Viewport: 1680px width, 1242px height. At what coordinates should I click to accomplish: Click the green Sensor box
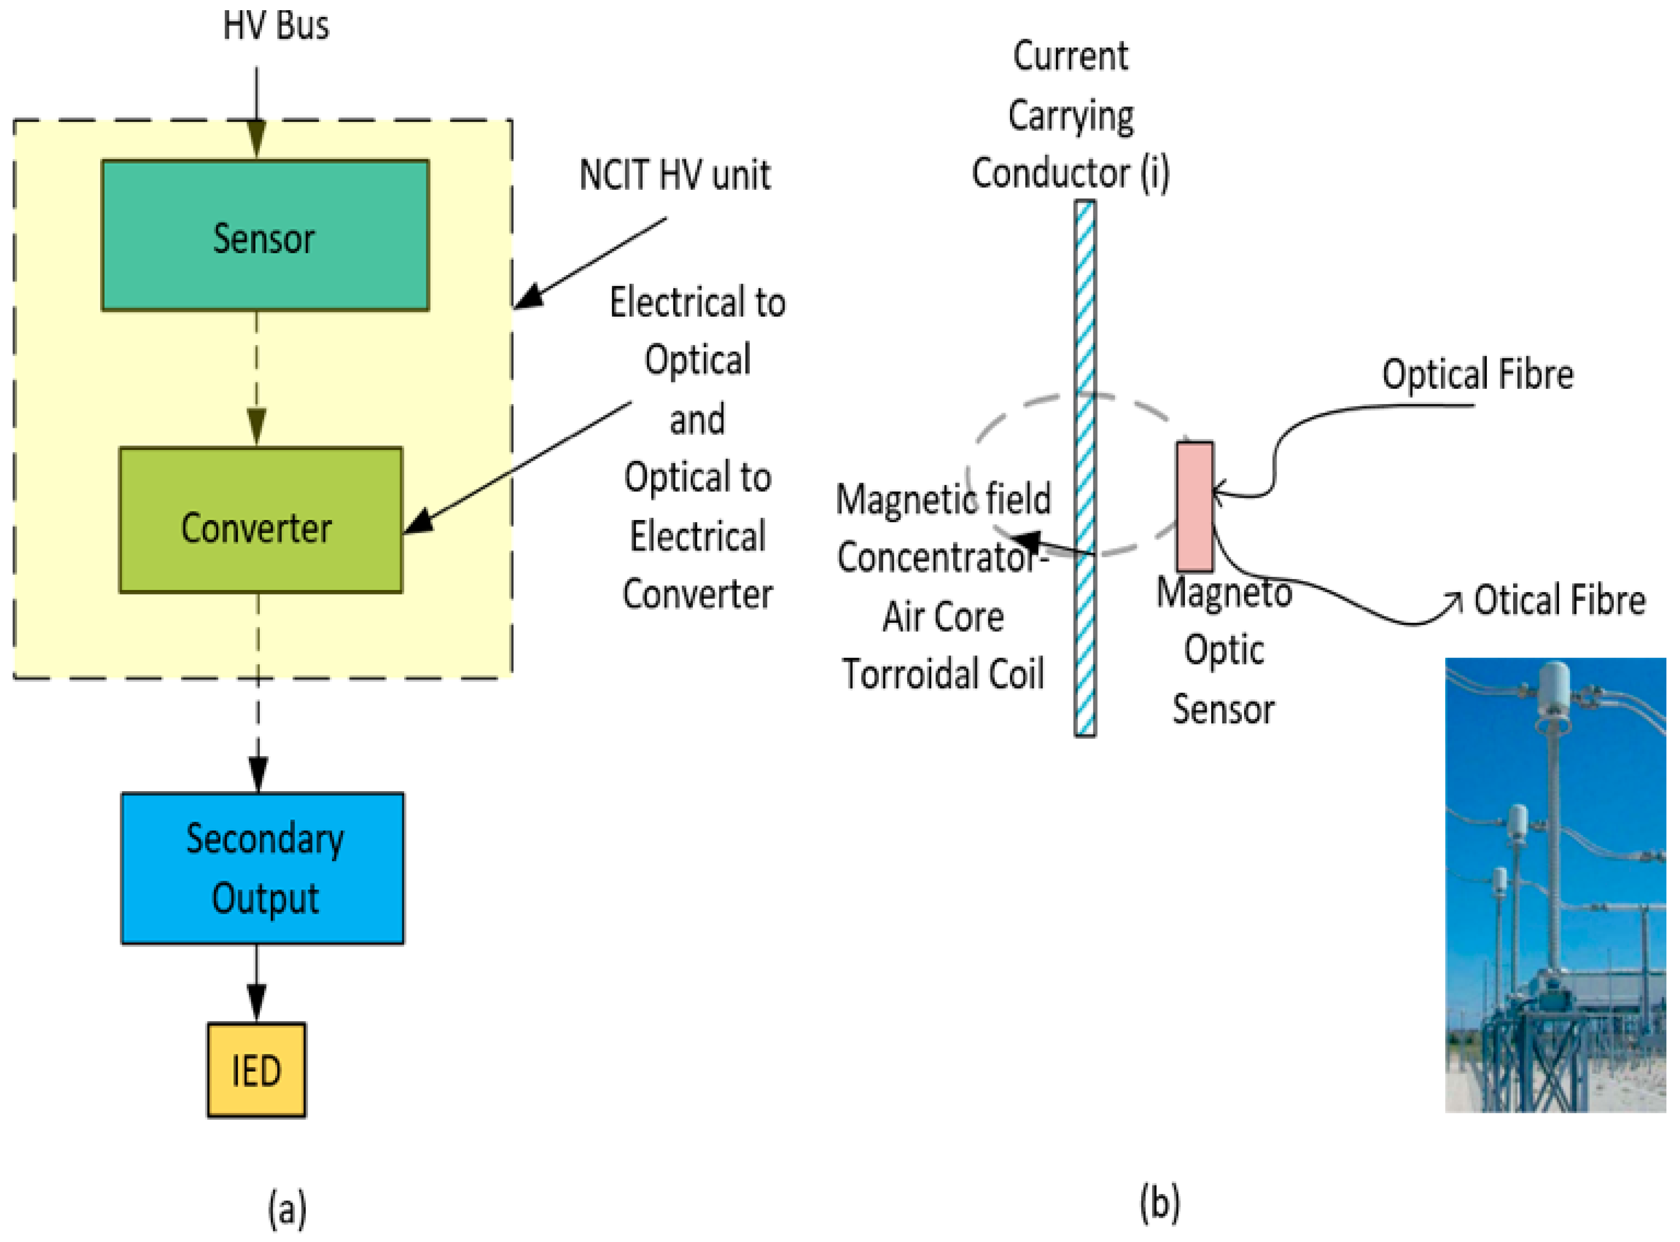(265, 235)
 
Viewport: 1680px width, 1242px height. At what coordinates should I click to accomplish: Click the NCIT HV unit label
(675, 175)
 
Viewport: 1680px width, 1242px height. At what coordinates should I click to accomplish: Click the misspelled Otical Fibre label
(1559, 600)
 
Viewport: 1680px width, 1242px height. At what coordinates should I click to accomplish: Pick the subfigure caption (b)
(1159, 1203)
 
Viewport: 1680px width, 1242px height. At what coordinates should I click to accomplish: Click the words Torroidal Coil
(943, 674)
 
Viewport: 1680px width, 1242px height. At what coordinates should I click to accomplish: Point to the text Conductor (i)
(1070, 173)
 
